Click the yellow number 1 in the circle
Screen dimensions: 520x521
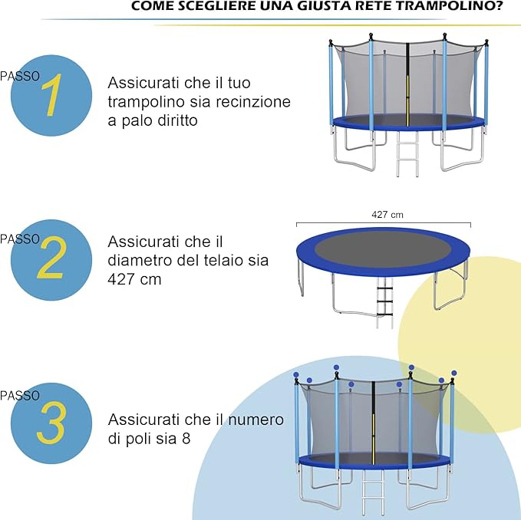51,96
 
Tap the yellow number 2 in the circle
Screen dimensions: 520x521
51,261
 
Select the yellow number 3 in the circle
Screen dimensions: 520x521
51,423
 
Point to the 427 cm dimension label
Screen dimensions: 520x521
387,215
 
